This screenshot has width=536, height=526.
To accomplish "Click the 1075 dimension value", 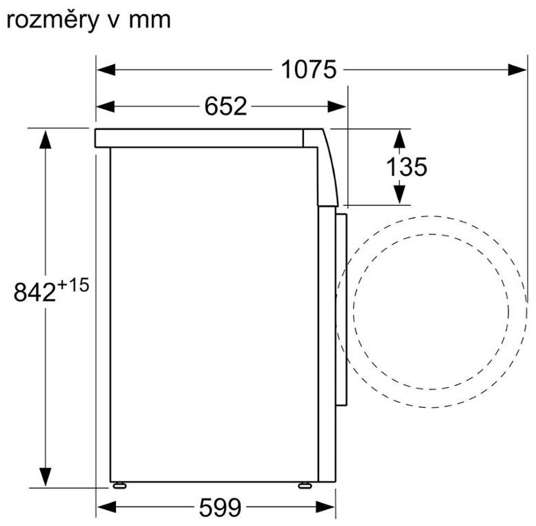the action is click(308, 70).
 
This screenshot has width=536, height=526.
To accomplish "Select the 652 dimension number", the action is click(226, 106).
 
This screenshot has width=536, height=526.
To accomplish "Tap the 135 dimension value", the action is click(406, 166).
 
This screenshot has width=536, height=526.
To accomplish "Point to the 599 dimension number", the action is click(220, 507).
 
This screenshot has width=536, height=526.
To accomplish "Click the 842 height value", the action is click(35, 293).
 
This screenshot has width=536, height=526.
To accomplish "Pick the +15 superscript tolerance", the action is click(73, 285).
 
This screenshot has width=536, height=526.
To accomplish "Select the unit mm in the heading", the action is click(150, 21).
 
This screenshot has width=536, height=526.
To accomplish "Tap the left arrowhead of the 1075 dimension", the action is click(106, 70).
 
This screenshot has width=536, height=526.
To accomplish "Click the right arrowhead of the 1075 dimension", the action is click(517, 70).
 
